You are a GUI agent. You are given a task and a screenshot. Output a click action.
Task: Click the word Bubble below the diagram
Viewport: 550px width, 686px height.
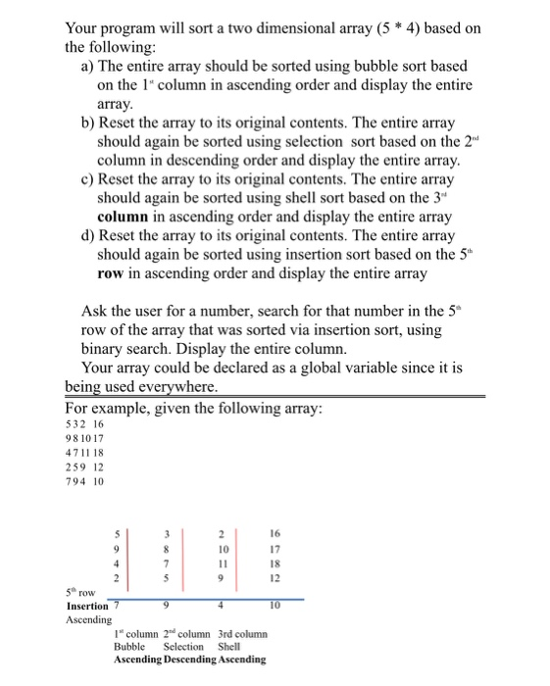coord(129,646)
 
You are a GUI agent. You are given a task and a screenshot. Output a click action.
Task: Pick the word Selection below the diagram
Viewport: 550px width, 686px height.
coord(183,646)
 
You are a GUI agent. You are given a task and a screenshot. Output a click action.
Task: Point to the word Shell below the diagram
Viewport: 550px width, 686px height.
coord(228,646)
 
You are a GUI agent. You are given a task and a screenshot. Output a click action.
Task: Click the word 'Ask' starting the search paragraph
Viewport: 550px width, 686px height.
coord(96,312)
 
